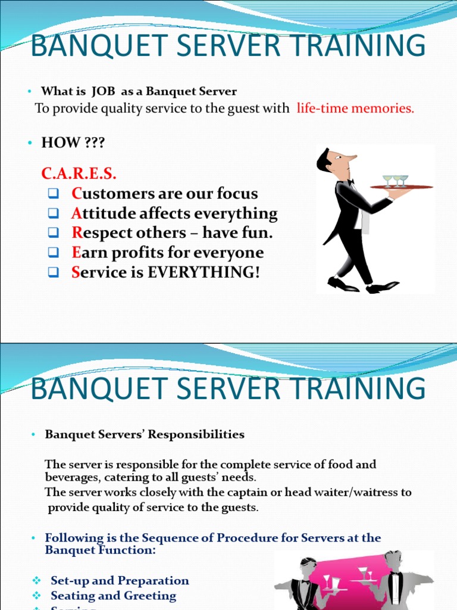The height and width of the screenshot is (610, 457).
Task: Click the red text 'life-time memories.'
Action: point(355,108)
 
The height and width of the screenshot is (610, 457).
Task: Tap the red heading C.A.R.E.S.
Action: point(79,174)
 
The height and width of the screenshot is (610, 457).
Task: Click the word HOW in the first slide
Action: point(60,142)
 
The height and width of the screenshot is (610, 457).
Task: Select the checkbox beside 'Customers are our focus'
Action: point(53,194)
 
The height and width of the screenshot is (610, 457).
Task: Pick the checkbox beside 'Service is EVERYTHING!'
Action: point(53,273)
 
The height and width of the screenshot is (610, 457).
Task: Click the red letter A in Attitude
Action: point(76,213)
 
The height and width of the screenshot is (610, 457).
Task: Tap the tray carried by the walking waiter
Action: point(401,187)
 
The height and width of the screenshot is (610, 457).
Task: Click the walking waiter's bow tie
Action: point(350,182)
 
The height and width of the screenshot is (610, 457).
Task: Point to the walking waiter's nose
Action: point(352,158)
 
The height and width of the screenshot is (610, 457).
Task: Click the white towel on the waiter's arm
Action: point(364,221)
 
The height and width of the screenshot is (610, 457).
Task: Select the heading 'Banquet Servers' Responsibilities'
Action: point(145,434)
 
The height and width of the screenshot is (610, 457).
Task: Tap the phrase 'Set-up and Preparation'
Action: point(120,580)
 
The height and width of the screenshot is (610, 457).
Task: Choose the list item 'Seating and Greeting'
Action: point(113,596)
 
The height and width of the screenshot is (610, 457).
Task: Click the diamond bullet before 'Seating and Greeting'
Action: point(36,596)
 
